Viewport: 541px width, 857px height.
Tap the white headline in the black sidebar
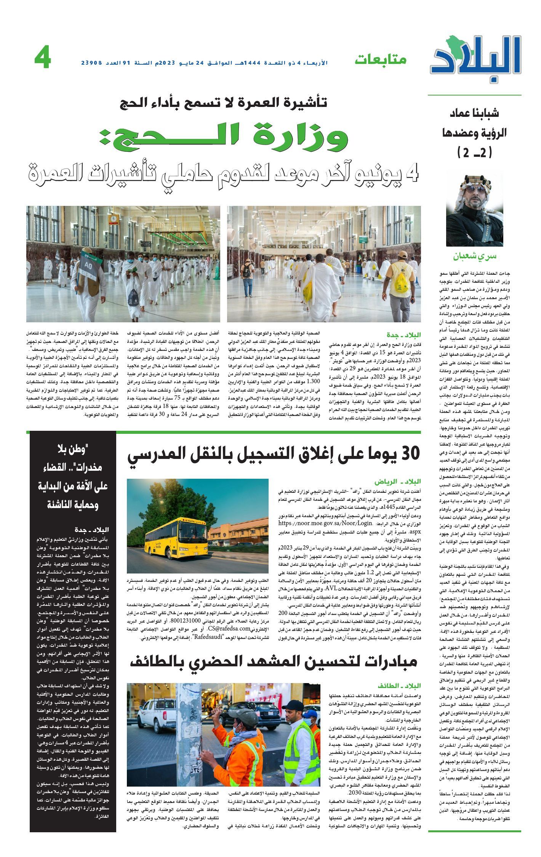click(73, 478)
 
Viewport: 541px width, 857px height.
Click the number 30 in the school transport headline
click(410, 453)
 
